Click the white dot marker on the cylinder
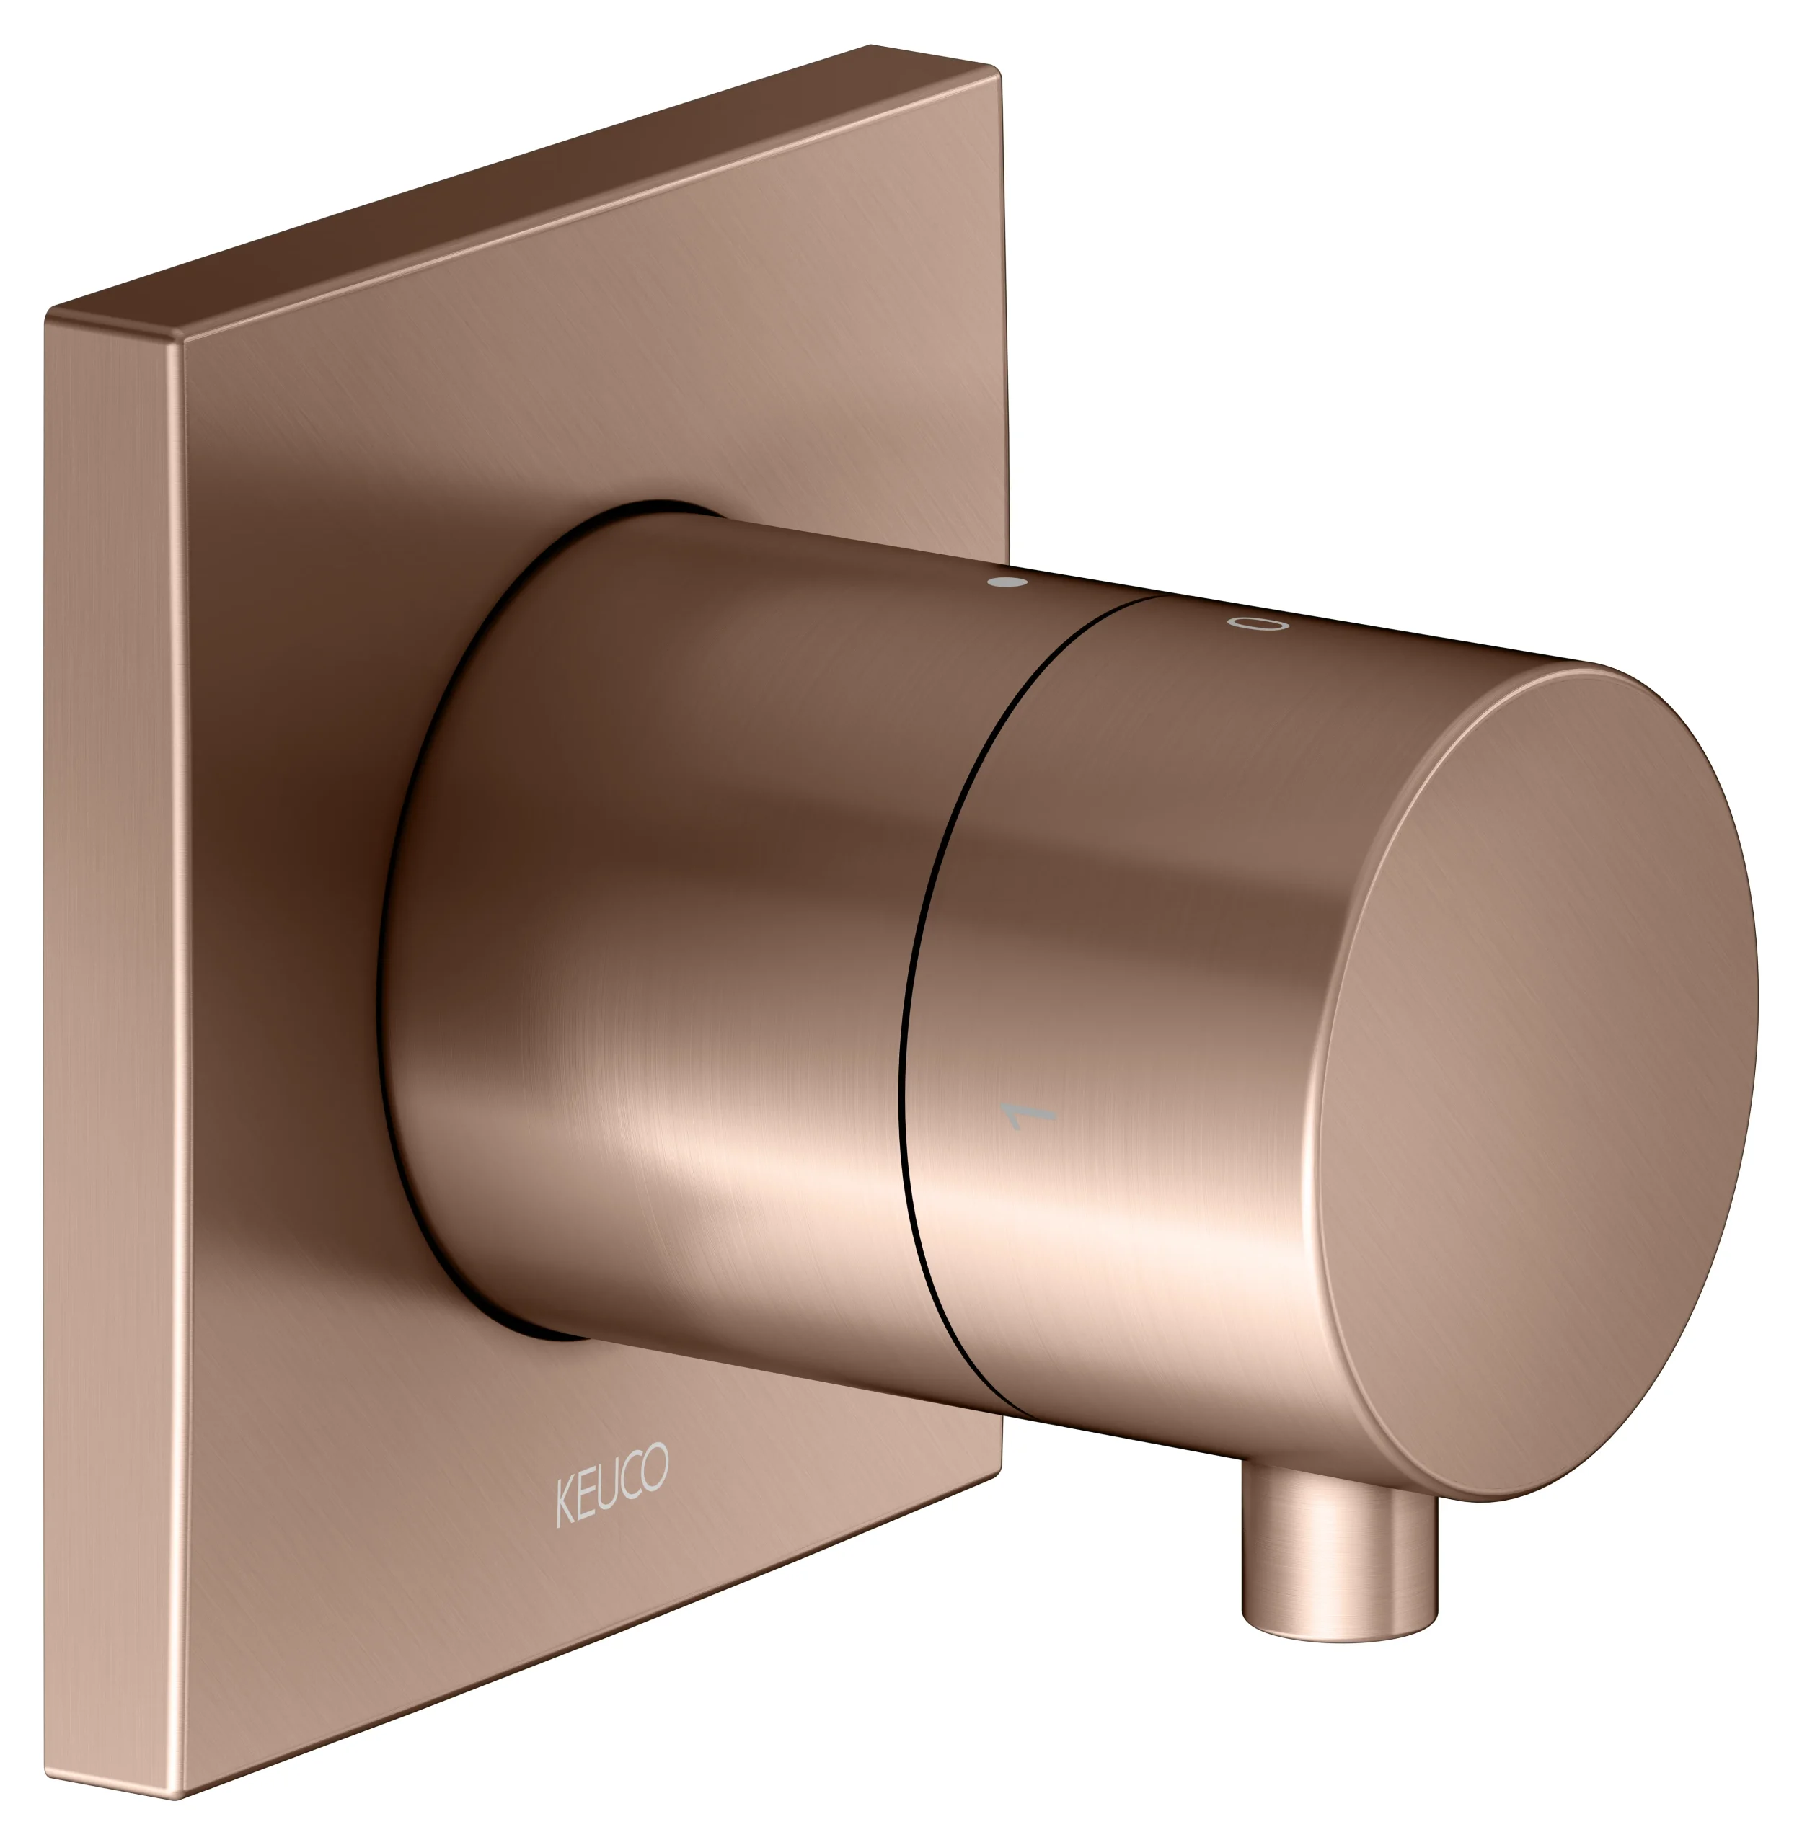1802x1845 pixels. [x=1006, y=581]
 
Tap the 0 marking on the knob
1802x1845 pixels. [x=1258, y=623]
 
